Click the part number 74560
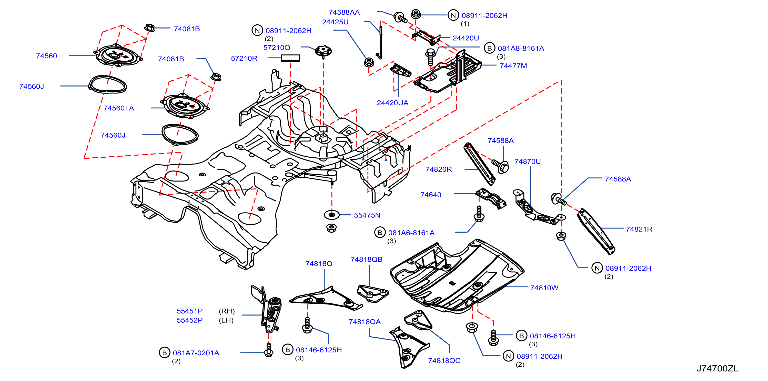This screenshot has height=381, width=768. point(46,56)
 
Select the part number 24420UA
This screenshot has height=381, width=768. point(392,103)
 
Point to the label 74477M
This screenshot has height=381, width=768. point(513,66)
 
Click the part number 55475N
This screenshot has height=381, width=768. point(367,215)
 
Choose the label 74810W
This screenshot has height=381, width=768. point(544,288)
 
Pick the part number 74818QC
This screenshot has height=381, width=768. point(444,361)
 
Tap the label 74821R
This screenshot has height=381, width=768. point(639,229)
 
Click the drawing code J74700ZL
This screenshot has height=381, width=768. point(717,368)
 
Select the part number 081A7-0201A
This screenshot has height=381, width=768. point(196,353)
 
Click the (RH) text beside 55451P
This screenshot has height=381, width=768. point(227,311)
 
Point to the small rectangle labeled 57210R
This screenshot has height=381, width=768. point(290,58)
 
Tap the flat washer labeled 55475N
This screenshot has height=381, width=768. point(331,215)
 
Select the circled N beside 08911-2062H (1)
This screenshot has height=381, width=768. point(453,15)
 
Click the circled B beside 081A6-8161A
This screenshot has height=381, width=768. point(380,233)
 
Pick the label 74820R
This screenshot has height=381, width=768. point(439,169)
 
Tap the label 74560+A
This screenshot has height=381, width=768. point(119,108)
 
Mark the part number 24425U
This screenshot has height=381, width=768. point(335,22)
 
